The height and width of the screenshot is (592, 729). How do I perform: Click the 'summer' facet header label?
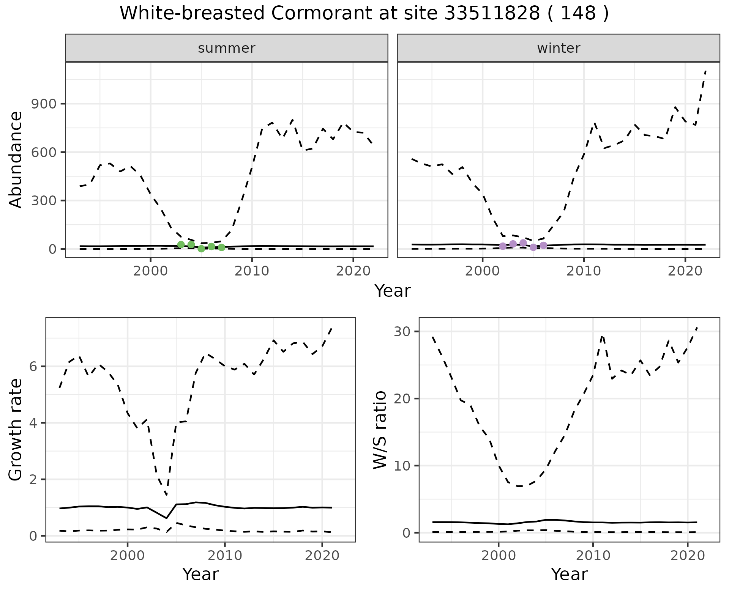point(226,48)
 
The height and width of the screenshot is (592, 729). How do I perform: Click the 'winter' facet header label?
point(558,48)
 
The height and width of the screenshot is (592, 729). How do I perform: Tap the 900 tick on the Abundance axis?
point(43,104)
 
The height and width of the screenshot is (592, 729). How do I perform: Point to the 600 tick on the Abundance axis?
point(43,152)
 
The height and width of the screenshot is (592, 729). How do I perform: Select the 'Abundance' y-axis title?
point(16,159)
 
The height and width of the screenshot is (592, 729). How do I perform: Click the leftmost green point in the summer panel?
point(181,244)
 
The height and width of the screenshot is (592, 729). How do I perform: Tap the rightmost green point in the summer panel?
point(222,247)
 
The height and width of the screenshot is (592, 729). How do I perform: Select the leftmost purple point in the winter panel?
point(503,246)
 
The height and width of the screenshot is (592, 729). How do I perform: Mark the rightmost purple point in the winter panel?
point(543,246)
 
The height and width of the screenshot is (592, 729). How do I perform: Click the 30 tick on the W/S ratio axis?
point(402,332)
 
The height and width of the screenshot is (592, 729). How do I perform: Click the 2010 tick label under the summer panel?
point(252,271)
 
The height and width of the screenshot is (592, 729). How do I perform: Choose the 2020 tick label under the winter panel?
point(685,271)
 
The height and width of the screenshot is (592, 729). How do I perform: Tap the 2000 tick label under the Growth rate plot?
point(128,556)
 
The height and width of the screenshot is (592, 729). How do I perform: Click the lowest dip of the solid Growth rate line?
point(166,518)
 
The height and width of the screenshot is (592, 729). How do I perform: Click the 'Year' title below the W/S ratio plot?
point(569,574)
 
